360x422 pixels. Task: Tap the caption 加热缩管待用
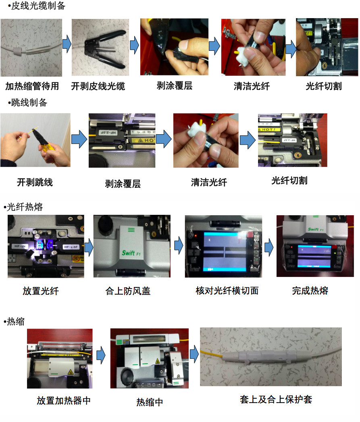pos(32,86)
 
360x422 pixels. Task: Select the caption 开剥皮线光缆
pos(98,86)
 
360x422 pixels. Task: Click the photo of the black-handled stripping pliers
pos(98,48)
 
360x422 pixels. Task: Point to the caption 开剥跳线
pos(35,182)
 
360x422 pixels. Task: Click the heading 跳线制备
pos(27,103)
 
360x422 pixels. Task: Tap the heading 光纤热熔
pos(25,207)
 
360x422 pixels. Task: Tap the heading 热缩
pos(16,322)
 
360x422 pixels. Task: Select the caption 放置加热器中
pos(64,401)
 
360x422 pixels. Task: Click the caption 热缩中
pos(150,402)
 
